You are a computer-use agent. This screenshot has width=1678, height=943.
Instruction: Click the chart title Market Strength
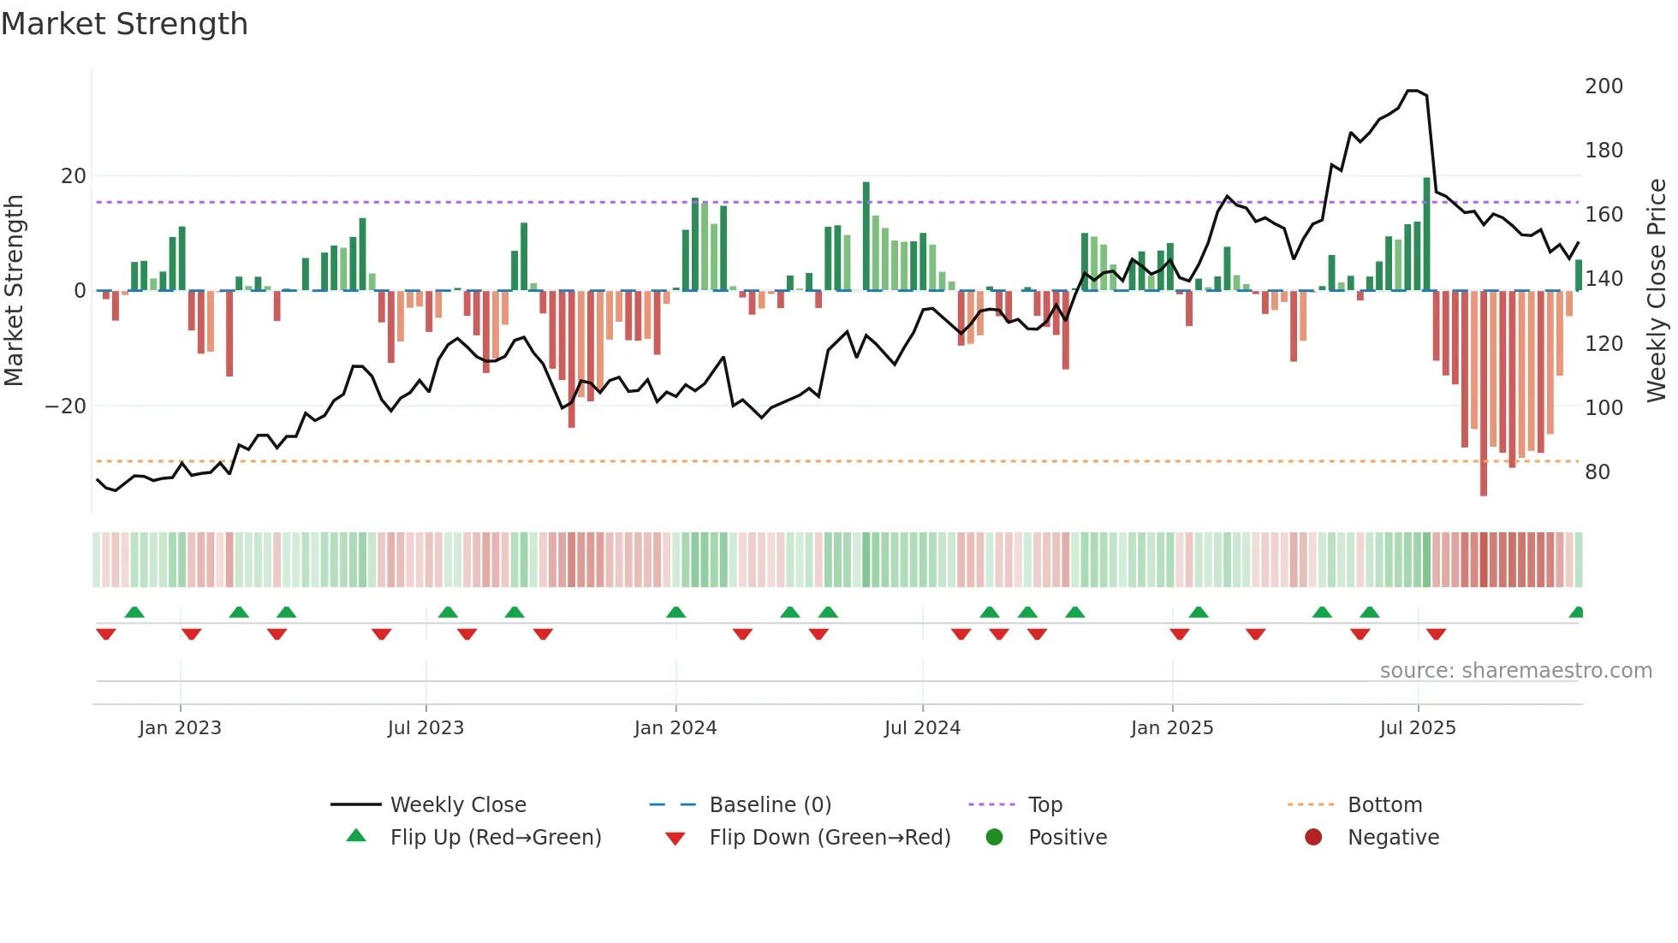click(x=125, y=24)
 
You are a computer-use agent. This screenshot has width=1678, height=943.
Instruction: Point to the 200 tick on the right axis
click(x=1604, y=86)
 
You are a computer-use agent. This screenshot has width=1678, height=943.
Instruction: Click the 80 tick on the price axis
click(x=1597, y=472)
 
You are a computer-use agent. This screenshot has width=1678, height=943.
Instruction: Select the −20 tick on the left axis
click(x=66, y=406)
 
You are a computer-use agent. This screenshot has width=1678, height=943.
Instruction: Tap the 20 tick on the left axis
click(x=74, y=176)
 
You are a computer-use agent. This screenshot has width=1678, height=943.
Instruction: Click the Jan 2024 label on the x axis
click(x=675, y=728)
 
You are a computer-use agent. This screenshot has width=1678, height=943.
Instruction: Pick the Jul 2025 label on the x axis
click(x=1418, y=728)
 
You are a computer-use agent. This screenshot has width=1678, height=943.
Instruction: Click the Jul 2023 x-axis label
click(x=425, y=728)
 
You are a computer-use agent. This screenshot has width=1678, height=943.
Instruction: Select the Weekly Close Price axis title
click(x=1657, y=291)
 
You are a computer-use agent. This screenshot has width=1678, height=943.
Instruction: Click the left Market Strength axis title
click(x=14, y=291)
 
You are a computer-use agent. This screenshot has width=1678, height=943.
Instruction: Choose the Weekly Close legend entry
click(x=458, y=805)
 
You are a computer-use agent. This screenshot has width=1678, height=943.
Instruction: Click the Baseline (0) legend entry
click(x=770, y=805)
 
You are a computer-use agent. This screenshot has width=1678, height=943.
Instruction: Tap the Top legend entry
click(x=1044, y=805)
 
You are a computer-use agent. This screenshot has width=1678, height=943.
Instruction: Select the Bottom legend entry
click(x=1384, y=805)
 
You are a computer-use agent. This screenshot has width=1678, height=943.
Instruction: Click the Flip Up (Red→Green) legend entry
click(x=496, y=838)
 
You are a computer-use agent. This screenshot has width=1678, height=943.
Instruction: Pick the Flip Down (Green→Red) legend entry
click(x=830, y=838)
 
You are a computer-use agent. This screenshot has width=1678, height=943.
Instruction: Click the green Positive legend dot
click(x=994, y=838)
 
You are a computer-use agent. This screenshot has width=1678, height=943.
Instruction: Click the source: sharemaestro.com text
click(x=1515, y=671)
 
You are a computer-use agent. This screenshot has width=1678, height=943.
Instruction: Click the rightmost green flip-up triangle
click(x=1577, y=613)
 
